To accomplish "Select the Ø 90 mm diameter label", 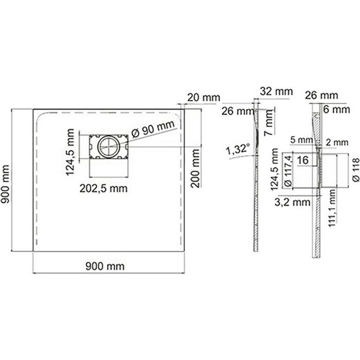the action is pos(152,130).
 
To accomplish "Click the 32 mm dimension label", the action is pos(277,91).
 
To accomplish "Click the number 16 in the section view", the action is pos(303,160).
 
